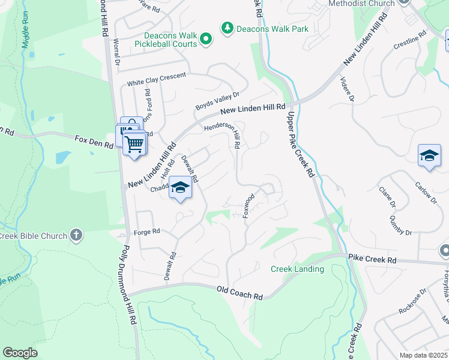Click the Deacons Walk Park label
tap(272, 28)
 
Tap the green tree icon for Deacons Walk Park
tap(228, 28)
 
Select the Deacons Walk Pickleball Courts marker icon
tap(206, 40)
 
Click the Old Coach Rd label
tap(240, 293)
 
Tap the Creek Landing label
tap(297, 269)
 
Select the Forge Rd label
tap(147, 232)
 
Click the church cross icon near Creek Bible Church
tap(76, 235)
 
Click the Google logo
tap(20, 353)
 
